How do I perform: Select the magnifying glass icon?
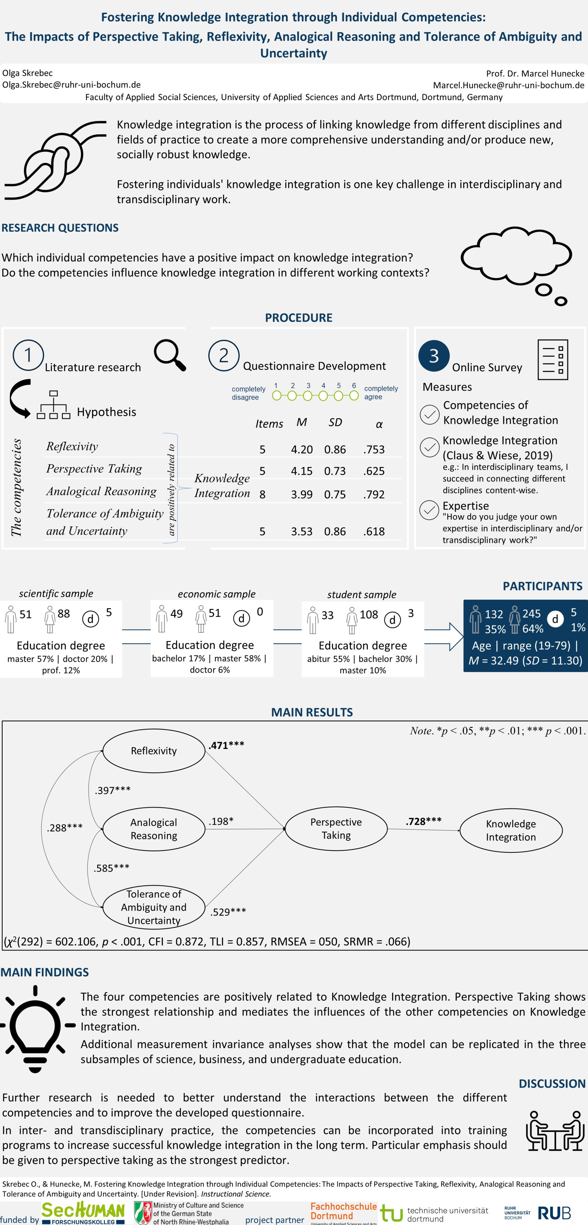click(170, 355)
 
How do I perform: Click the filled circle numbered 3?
click(434, 356)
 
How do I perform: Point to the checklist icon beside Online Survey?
click(552, 360)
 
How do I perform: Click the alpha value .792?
click(374, 495)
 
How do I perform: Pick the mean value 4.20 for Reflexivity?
click(302, 449)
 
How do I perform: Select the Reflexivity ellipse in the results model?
click(153, 751)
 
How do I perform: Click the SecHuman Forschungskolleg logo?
click(83, 1213)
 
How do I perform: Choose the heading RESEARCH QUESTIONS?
click(60, 228)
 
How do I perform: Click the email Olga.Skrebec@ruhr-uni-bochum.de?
click(71, 85)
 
